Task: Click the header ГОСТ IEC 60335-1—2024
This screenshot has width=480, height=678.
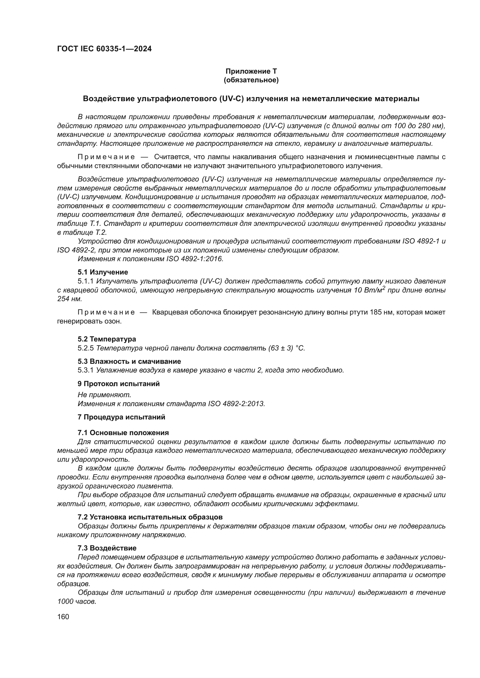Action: [x=104, y=49]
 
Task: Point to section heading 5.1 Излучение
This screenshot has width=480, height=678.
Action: [x=103, y=272]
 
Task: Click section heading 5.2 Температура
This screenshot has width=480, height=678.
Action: [x=107, y=339]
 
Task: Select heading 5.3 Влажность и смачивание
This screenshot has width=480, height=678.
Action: [x=129, y=361]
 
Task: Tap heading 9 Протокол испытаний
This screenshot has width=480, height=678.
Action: [x=118, y=384]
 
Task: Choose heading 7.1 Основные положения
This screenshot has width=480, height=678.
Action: [x=123, y=433]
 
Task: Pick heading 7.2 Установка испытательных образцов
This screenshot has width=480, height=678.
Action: [x=150, y=517]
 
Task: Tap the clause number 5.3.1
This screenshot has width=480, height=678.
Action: [x=86, y=370]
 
